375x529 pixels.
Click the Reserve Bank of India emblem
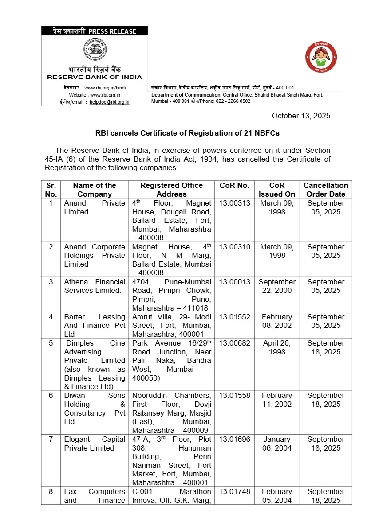(x=95, y=50)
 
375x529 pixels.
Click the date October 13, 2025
(x=301, y=116)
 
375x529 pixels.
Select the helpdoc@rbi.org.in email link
(x=109, y=102)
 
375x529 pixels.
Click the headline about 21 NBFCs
(x=187, y=132)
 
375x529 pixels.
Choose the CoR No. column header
(x=234, y=186)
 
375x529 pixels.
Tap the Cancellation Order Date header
(x=326, y=190)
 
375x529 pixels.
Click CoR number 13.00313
(x=234, y=203)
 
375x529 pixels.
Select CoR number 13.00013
(x=234, y=282)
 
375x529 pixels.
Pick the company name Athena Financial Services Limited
(x=95, y=286)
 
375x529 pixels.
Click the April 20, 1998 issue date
(x=277, y=347)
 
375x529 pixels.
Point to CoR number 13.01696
(x=234, y=440)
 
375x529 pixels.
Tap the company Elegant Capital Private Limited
(x=95, y=443)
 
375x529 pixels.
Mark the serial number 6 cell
(x=51, y=396)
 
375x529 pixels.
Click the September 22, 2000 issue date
(x=277, y=286)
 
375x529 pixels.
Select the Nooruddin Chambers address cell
(x=171, y=412)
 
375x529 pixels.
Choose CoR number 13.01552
(x=234, y=317)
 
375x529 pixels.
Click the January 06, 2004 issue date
(x=277, y=443)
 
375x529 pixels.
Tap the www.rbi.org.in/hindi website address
(x=105, y=88)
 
